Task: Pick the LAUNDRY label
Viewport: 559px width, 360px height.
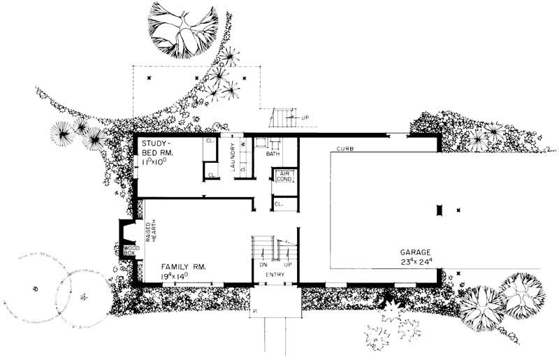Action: pyautogui.click(x=232, y=157)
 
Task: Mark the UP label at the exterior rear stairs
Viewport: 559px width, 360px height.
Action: pyautogui.click(x=305, y=117)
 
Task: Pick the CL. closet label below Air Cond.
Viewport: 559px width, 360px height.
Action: pyautogui.click(x=278, y=204)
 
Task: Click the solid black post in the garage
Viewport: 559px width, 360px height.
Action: pyautogui.click(x=439, y=210)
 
